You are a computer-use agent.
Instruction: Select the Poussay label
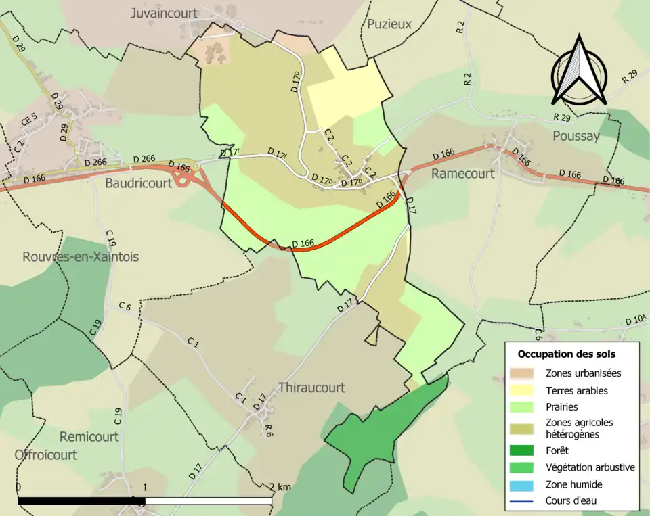coord(576,136)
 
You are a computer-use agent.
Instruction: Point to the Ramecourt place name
coord(463,173)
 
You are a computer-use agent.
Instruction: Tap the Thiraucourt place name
coord(311,388)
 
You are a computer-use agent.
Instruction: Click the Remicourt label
coord(89,437)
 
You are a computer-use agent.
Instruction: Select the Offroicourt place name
coord(46,455)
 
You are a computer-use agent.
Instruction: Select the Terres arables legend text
coord(576,390)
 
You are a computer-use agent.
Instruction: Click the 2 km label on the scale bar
coord(280,487)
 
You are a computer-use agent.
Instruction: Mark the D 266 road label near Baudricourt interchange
coord(144,159)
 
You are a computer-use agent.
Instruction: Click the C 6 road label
coord(125,306)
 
